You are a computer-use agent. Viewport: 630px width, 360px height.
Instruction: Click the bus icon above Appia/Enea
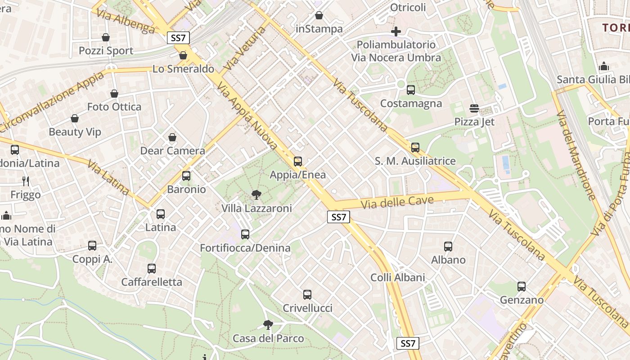click(297, 162)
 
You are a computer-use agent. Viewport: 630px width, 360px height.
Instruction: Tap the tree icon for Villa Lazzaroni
click(256, 195)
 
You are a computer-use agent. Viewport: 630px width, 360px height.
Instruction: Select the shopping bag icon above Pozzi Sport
click(106, 37)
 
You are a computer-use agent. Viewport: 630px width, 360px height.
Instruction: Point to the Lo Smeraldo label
click(183, 69)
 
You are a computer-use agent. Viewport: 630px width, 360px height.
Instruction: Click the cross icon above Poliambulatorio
click(396, 31)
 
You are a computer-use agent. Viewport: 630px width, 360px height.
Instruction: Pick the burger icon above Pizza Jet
click(474, 108)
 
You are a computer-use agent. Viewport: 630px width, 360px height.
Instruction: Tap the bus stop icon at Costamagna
click(411, 90)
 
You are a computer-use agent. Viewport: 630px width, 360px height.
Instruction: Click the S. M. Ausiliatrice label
click(415, 161)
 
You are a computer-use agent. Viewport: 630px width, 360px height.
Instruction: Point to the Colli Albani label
click(398, 277)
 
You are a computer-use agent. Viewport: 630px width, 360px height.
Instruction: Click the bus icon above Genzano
click(522, 287)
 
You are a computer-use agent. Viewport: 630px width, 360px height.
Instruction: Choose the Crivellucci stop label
click(307, 308)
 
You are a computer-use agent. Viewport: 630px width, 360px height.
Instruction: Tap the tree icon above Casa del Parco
click(268, 325)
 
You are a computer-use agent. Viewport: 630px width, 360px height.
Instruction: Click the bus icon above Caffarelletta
click(152, 269)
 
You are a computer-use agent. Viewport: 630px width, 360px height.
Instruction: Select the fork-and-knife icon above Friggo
click(26, 181)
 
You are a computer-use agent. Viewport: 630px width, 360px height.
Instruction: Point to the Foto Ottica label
click(114, 107)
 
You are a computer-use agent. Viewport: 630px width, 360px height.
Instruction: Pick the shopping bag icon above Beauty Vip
click(75, 119)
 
